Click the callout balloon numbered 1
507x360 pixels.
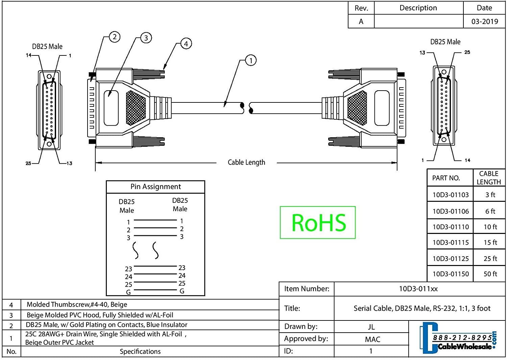[x=250, y=61]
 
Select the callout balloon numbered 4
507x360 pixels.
[x=186, y=44]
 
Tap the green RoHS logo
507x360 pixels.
[x=318, y=222]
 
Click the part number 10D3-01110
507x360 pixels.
[x=451, y=227]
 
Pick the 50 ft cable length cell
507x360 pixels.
[x=490, y=274]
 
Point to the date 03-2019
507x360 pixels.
[x=484, y=22]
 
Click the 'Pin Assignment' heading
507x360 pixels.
[x=155, y=187]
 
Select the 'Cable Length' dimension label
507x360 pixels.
[x=246, y=162]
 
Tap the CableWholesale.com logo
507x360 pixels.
[x=458, y=338]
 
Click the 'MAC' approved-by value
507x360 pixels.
[x=372, y=339]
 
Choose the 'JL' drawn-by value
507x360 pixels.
[x=371, y=327]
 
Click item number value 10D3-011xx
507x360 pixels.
[x=418, y=289]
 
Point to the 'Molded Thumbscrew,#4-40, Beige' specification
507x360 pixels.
[x=77, y=305]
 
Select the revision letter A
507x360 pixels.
[x=361, y=22]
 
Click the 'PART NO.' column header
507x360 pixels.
[x=446, y=178]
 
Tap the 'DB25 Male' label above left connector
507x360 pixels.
[x=47, y=47]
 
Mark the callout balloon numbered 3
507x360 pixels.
[x=146, y=38]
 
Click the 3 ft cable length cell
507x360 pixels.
[x=490, y=195]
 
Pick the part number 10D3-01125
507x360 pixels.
[x=451, y=259]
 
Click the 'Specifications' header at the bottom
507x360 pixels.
[x=140, y=352]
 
